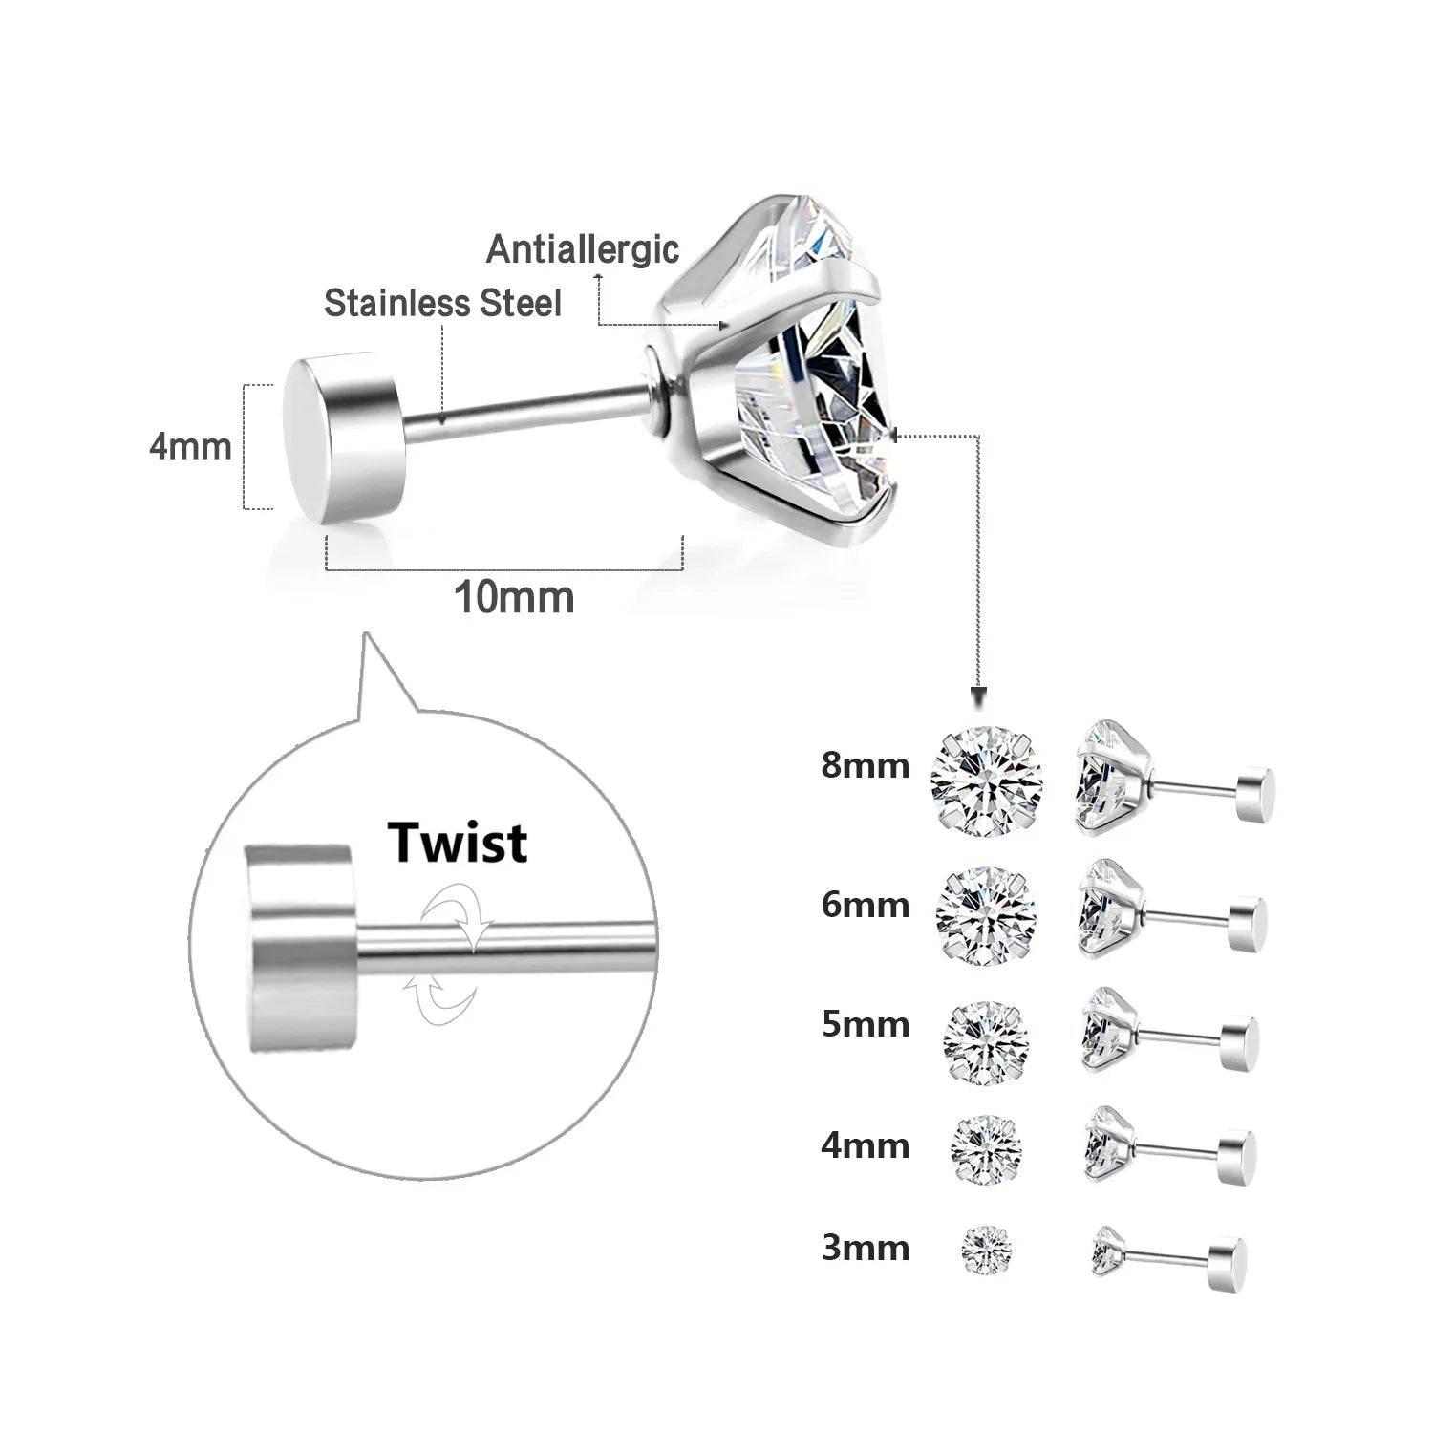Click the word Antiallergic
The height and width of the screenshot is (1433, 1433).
tap(583, 249)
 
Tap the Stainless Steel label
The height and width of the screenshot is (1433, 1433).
tap(442, 304)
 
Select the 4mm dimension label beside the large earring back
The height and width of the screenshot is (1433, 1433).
tap(190, 446)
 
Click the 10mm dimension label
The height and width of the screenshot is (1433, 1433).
tap(513, 598)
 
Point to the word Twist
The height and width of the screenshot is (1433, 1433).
tap(457, 843)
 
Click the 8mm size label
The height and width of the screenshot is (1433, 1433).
tap(865, 765)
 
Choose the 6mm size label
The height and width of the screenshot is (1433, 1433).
tap(865, 905)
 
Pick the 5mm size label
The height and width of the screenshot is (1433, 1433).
tap(865, 1024)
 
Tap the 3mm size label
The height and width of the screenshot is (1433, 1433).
tap(865, 1248)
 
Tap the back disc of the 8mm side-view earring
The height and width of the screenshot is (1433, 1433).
tap(1254, 793)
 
